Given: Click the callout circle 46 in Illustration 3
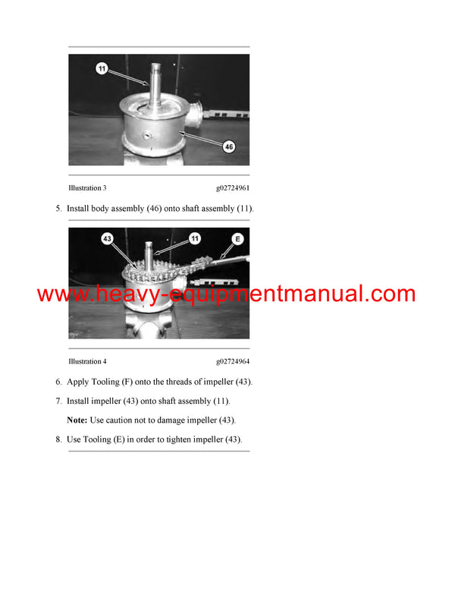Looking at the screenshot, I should [228, 146].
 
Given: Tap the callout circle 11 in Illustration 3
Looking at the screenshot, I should [102, 69].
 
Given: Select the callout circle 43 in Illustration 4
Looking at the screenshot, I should [107, 239].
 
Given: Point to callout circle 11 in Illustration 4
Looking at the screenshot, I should [194, 238].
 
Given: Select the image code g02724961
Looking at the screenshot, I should [233, 188].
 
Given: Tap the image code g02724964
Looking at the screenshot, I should [233, 362].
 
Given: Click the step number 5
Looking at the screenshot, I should [58, 208].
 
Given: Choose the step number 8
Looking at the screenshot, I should [58, 439].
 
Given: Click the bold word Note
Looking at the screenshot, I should [77, 420].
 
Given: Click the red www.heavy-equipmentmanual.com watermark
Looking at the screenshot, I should [226, 294].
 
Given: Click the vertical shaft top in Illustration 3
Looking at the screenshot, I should [160, 68].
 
